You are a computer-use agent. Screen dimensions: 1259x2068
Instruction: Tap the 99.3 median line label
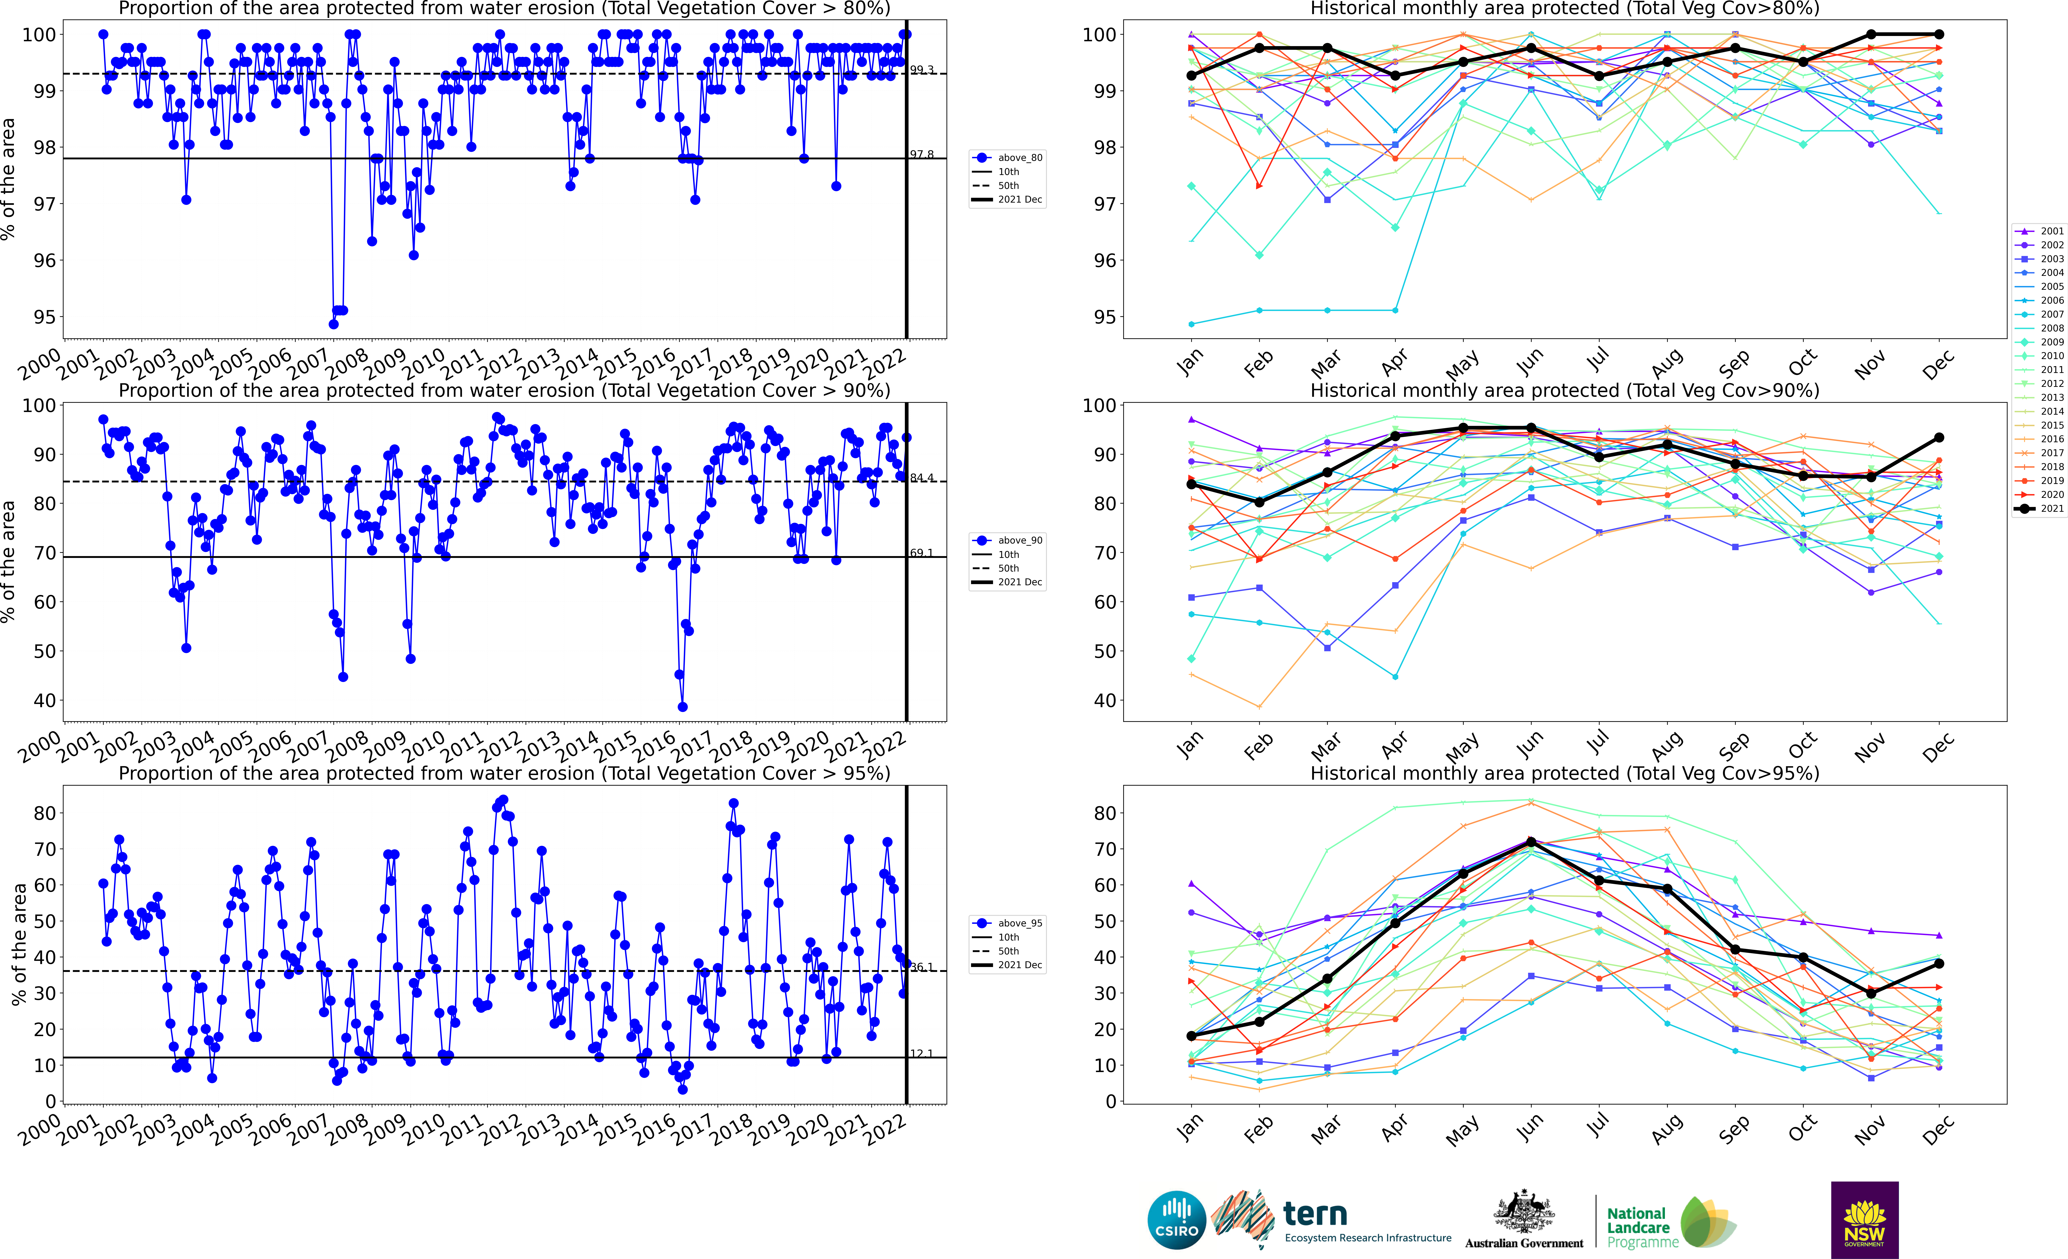[x=922, y=70]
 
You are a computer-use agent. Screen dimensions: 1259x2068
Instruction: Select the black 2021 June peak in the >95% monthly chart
[x=1531, y=842]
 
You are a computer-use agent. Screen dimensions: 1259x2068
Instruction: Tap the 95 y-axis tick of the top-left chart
[x=45, y=317]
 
